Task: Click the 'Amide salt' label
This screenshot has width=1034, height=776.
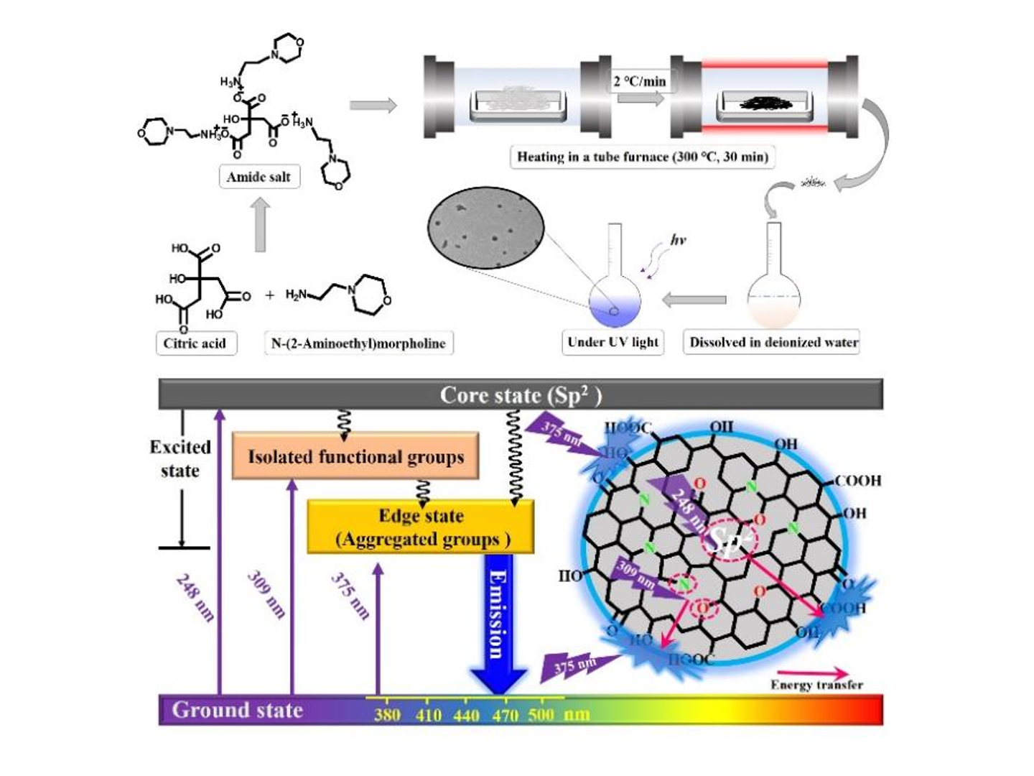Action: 258,177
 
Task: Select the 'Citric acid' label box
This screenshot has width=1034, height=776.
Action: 195,343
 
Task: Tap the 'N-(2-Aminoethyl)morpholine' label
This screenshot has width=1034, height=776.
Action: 358,343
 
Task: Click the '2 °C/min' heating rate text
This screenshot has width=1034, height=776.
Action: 639,81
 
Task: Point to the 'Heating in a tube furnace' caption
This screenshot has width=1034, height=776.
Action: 643,157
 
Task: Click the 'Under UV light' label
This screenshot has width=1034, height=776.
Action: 613,342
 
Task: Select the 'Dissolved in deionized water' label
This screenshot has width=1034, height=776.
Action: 773,342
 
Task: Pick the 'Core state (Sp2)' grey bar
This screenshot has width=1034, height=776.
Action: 521,394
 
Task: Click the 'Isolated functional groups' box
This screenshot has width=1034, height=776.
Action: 355,456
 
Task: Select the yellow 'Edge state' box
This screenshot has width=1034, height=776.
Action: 421,527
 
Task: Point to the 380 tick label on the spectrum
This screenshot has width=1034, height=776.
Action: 387,715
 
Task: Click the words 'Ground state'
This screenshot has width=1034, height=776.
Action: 237,710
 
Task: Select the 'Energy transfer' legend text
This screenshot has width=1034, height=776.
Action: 816,685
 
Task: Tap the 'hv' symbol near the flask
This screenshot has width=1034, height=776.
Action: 677,239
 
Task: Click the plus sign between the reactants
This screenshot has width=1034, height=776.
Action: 270,295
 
